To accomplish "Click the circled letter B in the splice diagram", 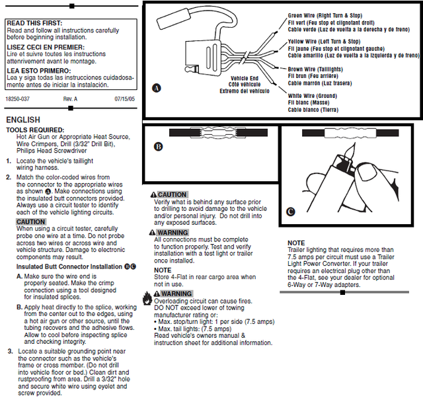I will (x=158, y=147).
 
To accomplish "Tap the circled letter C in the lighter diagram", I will (x=291, y=211).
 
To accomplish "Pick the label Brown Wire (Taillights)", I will (x=317, y=69).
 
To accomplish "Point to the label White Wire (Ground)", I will (x=313, y=96).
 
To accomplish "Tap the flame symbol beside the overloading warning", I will (x=147, y=301).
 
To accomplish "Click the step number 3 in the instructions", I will (x=9, y=351).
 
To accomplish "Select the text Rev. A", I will (x=70, y=99).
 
